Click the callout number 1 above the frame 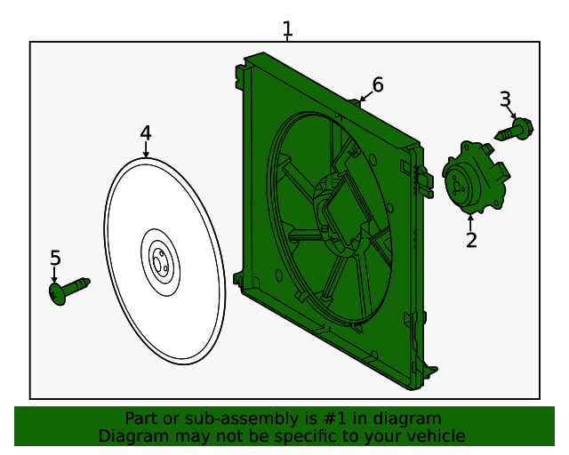click(x=287, y=28)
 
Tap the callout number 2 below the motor click(x=471, y=239)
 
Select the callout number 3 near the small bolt click(x=505, y=99)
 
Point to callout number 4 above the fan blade click(x=146, y=133)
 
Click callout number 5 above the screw click(x=55, y=258)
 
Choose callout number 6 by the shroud click(x=378, y=84)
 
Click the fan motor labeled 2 click(x=475, y=177)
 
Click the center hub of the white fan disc click(x=161, y=263)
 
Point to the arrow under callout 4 click(x=146, y=150)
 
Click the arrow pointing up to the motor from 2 click(x=470, y=220)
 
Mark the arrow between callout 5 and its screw click(x=55, y=275)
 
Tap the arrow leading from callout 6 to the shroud click(x=362, y=96)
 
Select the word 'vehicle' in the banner click(x=435, y=436)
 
